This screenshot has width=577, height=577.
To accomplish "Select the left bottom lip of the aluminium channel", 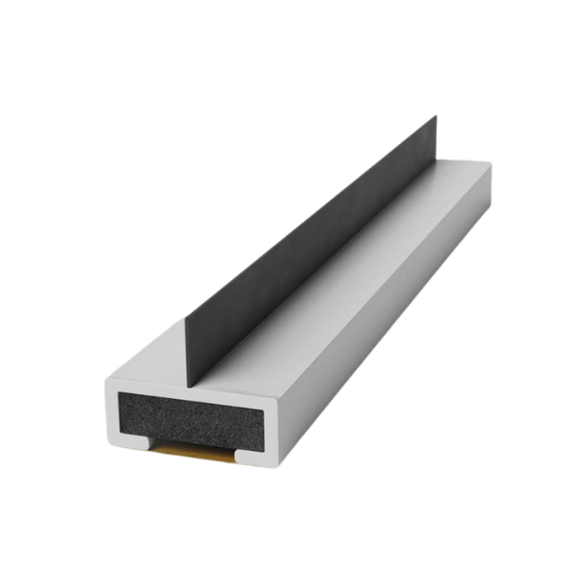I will pos(132,443).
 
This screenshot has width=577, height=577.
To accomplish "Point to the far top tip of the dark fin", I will pos(436,117).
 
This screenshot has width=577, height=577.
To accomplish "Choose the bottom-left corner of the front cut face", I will pos(108,445).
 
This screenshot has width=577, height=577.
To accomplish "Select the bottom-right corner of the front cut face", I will pos(273,464).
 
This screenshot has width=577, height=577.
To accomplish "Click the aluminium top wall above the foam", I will pos(192,390).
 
